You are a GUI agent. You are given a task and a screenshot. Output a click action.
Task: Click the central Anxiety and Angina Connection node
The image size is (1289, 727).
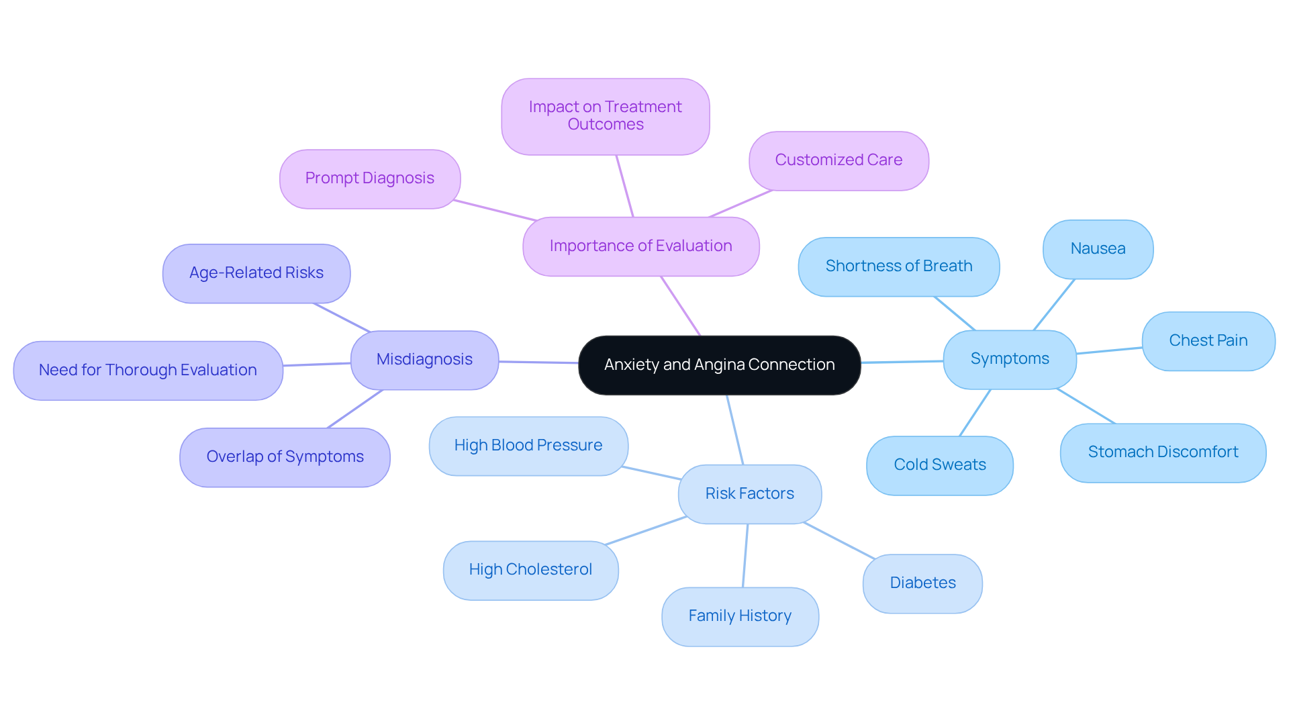pos(719,365)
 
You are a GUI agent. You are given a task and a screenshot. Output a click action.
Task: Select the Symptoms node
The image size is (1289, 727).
pos(1009,359)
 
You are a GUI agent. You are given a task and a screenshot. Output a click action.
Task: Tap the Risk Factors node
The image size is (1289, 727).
pos(749,494)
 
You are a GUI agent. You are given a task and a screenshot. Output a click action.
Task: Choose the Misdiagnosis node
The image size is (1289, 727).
pos(424,360)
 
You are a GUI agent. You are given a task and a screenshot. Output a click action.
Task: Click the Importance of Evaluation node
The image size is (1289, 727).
pos(640,246)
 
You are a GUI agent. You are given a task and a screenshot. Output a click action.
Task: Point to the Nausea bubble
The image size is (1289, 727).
pos(1098,249)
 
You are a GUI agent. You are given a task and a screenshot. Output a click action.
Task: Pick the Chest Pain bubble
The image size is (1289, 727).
pos(1208,341)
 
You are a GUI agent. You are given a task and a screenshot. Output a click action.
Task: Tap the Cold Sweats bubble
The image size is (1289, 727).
pos(939,465)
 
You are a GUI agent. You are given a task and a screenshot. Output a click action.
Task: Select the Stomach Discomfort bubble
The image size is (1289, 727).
pos(1163,452)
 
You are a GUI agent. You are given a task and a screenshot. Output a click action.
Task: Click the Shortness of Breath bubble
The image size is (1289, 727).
pos(898,266)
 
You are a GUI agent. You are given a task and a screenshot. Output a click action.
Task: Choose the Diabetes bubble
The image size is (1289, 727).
pos(922,583)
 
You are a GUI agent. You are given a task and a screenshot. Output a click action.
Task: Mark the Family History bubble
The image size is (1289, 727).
pos(740,616)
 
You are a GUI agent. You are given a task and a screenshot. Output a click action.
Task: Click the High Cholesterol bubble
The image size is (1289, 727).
pos(530,570)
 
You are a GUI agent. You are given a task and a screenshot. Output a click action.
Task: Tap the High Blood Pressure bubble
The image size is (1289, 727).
pos(528,446)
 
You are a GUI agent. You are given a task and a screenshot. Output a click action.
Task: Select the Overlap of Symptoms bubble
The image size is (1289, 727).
pos(285,457)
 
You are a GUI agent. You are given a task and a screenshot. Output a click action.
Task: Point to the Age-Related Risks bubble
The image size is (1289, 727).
pos(256,273)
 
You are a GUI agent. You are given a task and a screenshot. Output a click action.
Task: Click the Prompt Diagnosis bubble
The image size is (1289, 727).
pos(369,179)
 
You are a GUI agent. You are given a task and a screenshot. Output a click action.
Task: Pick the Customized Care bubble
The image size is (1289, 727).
pos(839,160)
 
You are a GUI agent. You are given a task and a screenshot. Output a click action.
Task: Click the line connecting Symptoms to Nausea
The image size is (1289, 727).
pos(1054,304)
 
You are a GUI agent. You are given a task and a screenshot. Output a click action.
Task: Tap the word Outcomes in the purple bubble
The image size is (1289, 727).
pos(606,125)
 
